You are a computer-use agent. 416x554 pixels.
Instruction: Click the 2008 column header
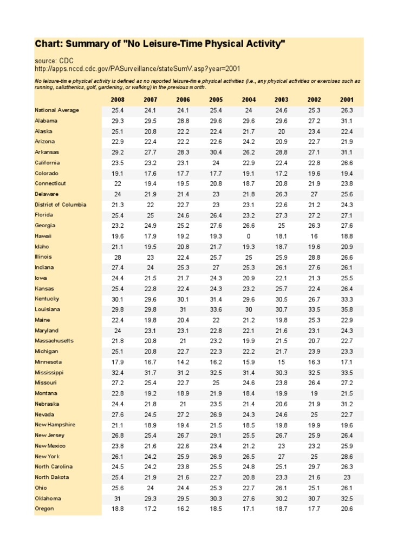118,100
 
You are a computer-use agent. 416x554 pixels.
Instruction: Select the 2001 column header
347,100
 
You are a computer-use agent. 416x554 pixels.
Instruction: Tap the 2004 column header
249,100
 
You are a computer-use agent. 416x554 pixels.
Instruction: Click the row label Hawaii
43,236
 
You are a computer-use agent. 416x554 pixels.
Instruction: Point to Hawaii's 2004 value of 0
249,236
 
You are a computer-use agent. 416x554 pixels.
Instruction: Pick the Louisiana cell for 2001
347,309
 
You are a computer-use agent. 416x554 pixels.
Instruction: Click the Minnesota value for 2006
183,362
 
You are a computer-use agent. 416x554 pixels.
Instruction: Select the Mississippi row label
49,373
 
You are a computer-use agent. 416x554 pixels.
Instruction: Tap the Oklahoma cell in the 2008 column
118,498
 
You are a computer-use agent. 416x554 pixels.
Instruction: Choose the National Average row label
57,110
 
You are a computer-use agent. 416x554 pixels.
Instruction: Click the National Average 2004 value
249,110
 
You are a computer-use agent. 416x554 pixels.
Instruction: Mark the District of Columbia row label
61,205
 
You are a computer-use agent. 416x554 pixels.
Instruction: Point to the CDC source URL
138,69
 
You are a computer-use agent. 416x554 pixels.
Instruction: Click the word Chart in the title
47,43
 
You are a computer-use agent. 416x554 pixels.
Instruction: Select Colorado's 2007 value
151,174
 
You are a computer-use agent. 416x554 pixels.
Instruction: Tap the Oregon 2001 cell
347,509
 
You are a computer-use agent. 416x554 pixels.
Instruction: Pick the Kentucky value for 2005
216,299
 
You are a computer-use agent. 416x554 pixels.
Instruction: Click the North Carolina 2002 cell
314,467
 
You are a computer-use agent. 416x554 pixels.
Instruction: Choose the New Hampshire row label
55,425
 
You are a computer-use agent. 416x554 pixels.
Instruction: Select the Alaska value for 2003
281,131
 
